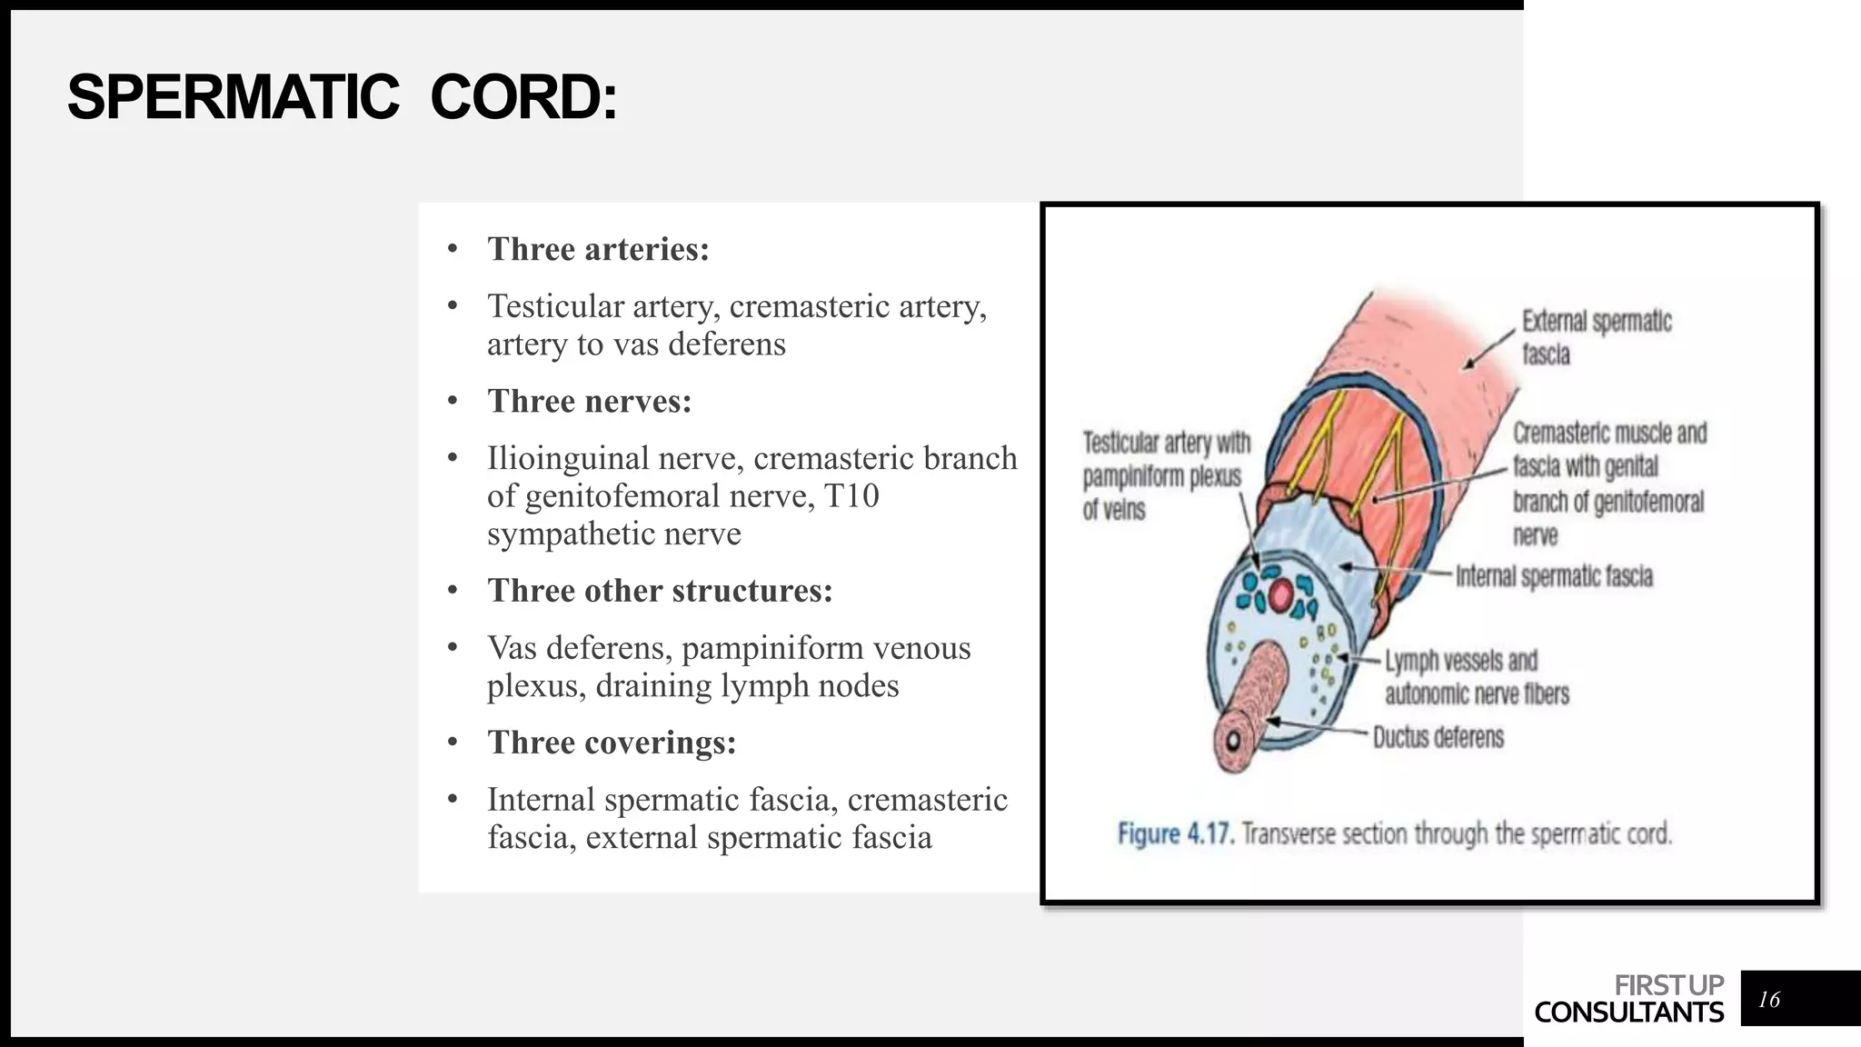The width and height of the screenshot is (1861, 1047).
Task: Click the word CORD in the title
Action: coord(522,97)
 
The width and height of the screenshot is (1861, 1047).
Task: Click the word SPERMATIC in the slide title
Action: coord(234,97)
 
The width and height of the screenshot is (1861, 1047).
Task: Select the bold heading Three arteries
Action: coord(598,249)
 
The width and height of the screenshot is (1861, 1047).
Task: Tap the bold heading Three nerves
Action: coord(589,401)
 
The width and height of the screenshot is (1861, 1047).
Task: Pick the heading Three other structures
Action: coord(660,591)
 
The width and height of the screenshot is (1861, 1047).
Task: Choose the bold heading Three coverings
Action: coord(612,743)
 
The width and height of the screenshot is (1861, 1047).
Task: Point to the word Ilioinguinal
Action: coord(568,458)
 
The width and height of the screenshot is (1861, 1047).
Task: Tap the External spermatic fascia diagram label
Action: coord(1596,337)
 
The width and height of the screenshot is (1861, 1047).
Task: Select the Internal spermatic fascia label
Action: coord(1554,576)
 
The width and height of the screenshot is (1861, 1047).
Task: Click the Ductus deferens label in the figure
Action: coord(1438,737)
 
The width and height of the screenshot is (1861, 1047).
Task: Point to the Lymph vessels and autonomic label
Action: coord(1476,677)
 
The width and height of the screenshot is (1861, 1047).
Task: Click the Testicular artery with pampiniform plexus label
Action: coord(1165,476)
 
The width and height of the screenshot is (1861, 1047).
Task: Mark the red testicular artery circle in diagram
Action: coord(1280,596)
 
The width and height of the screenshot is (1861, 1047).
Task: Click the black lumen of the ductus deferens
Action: coord(1233,741)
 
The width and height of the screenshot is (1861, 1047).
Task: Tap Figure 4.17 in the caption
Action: coord(1175,834)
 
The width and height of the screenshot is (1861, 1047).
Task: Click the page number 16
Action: coord(1768,1000)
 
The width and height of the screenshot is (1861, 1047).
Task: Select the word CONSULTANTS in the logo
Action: coord(1628,1012)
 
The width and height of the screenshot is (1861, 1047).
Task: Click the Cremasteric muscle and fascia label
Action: coord(1608,484)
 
